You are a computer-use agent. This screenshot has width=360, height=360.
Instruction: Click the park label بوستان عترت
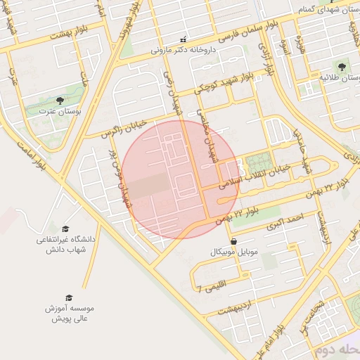(x=59, y=112)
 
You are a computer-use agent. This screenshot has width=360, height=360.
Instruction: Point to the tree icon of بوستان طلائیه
(x=342, y=67)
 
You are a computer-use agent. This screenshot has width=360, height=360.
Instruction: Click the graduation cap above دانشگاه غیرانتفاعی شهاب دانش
(x=65, y=229)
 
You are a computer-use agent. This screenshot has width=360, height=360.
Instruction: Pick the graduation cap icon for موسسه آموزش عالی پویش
(x=69, y=297)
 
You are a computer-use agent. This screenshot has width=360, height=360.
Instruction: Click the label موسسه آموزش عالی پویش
(x=69, y=313)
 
